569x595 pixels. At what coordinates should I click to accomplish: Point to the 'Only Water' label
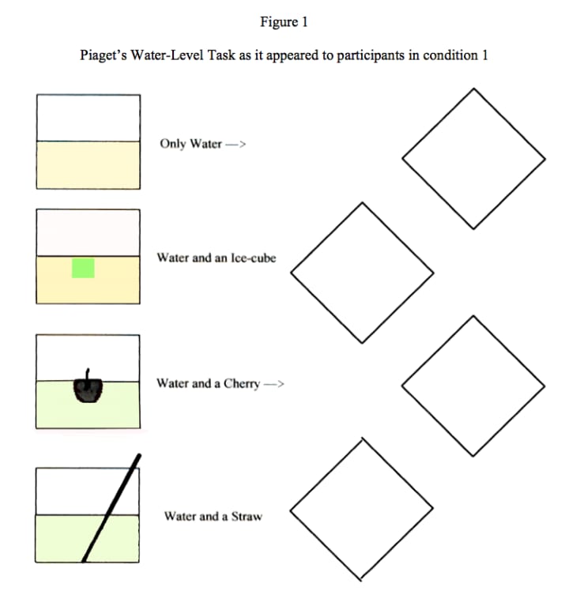click(x=190, y=144)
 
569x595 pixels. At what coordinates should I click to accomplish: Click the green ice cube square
click(x=83, y=269)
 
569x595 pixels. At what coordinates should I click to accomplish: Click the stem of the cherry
click(x=89, y=374)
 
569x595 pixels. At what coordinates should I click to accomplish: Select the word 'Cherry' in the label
click(x=242, y=384)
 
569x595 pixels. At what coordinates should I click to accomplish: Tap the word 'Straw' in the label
click(x=247, y=517)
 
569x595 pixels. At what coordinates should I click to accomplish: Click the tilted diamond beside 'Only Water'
click(x=473, y=158)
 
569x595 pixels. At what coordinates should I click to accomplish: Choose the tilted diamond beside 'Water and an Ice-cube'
click(x=362, y=273)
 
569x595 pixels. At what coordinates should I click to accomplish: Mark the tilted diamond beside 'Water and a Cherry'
click(x=473, y=386)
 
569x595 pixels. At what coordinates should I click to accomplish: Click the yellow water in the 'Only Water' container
click(x=89, y=164)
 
